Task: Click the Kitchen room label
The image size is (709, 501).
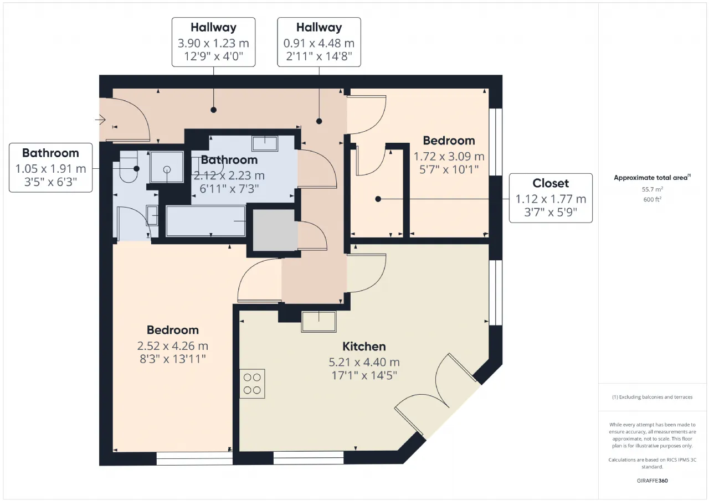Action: pyautogui.click(x=364, y=347)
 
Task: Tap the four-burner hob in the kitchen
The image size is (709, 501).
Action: pyautogui.click(x=252, y=384)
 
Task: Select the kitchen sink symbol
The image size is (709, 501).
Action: pyautogui.click(x=318, y=322)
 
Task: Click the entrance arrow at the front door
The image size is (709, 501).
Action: pyautogui.click(x=100, y=120)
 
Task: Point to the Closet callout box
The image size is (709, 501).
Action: pyautogui.click(x=551, y=198)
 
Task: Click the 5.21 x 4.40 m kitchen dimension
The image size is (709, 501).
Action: pyautogui.click(x=364, y=362)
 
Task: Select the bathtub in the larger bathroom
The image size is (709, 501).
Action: pyautogui.click(x=205, y=221)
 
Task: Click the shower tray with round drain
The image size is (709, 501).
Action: pyautogui.click(x=167, y=167)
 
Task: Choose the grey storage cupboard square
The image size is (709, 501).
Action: pyautogui.click(x=275, y=230)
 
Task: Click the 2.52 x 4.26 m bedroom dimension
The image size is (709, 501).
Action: pyautogui.click(x=173, y=346)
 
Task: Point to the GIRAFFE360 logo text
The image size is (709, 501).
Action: pyautogui.click(x=653, y=481)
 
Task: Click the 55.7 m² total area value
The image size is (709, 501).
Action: pyautogui.click(x=653, y=189)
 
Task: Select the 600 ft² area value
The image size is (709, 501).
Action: pyautogui.click(x=653, y=199)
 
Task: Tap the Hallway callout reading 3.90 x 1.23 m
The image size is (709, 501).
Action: pyautogui.click(x=214, y=42)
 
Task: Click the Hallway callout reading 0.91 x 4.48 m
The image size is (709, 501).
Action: pyautogui.click(x=319, y=42)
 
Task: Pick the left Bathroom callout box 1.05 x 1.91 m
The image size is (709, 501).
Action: pyautogui.click(x=50, y=168)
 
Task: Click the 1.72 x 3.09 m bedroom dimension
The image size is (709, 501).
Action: pyautogui.click(x=449, y=157)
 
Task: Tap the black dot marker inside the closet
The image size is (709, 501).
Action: pyautogui.click(x=378, y=199)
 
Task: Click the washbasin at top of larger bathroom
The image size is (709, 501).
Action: pyautogui.click(x=265, y=143)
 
